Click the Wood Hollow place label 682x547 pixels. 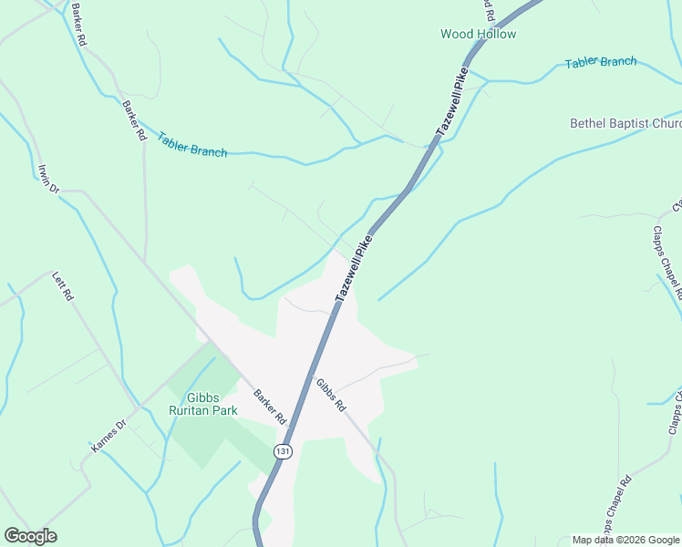[x=478, y=34]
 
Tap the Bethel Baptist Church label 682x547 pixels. [x=625, y=123]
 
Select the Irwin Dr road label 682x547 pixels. [x=48, y=179]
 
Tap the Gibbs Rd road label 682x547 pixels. [x=332, y=394]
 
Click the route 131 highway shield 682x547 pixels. [x=284, y=452]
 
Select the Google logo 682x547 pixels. [x=30, y=536]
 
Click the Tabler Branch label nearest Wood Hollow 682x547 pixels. [x=600, y=62]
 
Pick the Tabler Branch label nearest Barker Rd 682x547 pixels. [x=191, y=145]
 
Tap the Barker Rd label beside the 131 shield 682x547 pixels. [x=270, y=407]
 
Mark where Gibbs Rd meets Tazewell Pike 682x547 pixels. [x=313, y=374]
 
